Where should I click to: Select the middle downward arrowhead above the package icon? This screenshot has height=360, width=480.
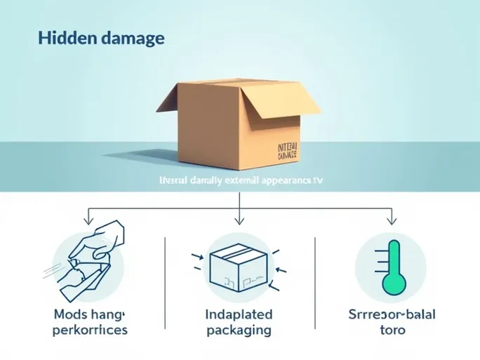coord(240,220)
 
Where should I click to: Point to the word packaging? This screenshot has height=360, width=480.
coord(238,329)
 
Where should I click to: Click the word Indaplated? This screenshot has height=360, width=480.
coord(238,314)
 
